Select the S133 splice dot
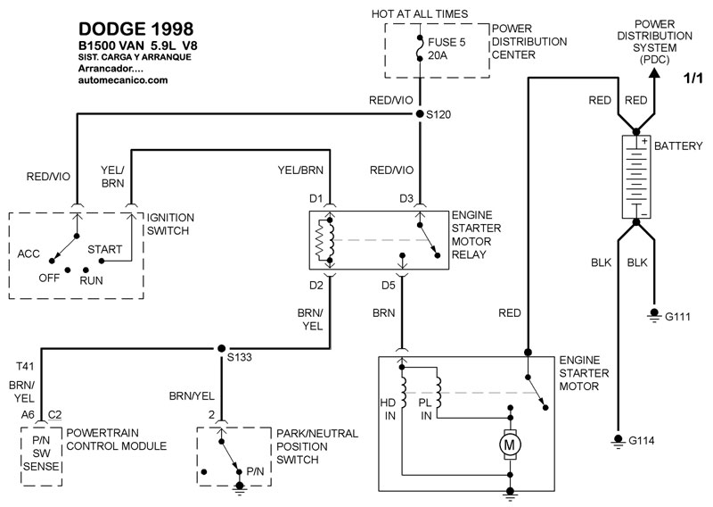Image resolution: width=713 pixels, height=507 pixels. [x=219, y=348]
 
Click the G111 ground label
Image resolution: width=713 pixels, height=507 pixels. [x=679, y=315]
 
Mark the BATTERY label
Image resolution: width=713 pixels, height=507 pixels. [x=679, y=145]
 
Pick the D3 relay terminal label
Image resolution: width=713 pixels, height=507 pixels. [x=406, y=197]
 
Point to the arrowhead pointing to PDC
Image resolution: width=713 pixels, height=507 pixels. [x=654, y=78]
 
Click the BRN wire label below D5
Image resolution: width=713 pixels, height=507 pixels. [x=384, y=314]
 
